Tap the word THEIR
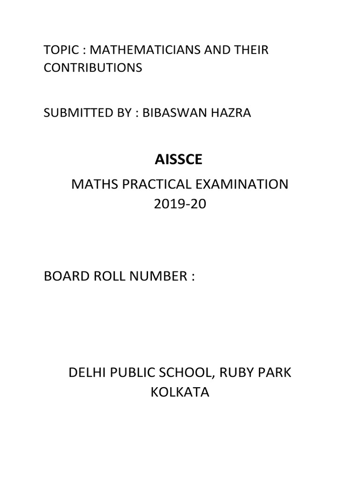click(x=252, y=50)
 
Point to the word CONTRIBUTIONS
click(x=92, y=67)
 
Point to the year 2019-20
click(x=180, y=205)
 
